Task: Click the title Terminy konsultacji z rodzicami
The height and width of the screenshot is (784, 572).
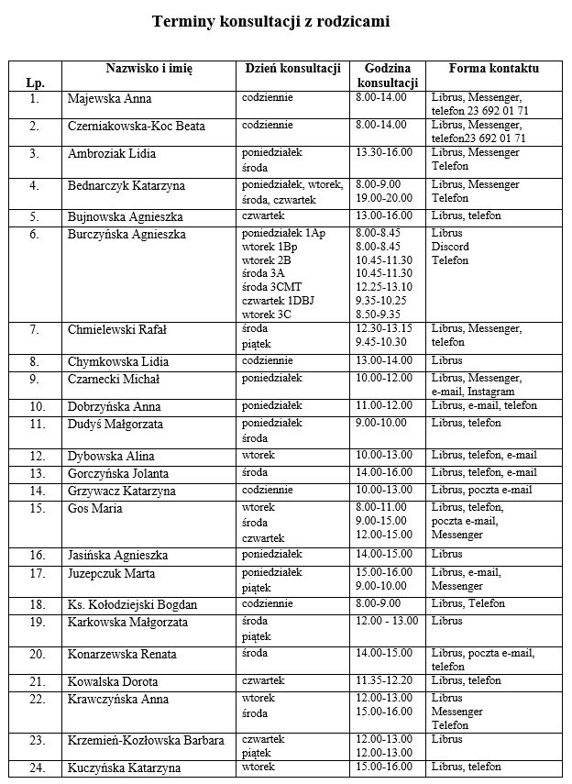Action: (271, 22)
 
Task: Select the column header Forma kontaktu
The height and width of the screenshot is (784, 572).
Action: (493, 69)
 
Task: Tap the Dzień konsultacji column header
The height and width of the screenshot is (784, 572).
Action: (293, 69)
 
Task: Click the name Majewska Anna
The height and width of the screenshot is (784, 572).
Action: (110, 99)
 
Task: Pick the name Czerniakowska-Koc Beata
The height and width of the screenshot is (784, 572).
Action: (137, 126)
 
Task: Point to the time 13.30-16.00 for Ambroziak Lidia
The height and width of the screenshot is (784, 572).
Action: (384, 152)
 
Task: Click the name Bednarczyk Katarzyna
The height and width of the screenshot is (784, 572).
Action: (126, 186)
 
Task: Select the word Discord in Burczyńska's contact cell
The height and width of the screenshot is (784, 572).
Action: (449, 247)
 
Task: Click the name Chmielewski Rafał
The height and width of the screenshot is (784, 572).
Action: (117, 330)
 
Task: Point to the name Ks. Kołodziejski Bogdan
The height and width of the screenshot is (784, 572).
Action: (133, 605)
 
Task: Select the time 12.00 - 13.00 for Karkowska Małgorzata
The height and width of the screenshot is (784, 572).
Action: (387, 621)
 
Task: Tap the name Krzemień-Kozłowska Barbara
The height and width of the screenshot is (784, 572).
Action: (146, 741)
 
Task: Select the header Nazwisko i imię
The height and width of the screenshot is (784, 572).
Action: (148, 69)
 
